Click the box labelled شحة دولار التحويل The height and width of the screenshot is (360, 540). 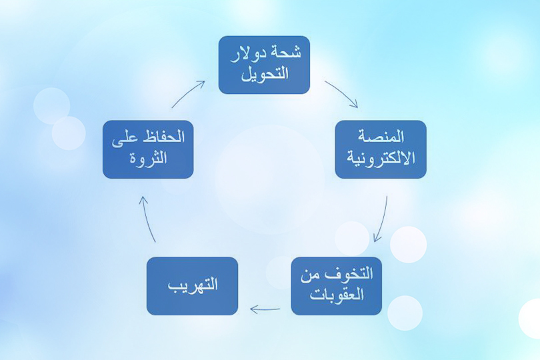264,65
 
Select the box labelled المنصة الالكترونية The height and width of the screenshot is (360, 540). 380,149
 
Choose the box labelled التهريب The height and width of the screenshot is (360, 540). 192,286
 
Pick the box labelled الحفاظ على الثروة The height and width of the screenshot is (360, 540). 148,149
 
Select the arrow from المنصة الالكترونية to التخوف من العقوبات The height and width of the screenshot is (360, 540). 381,219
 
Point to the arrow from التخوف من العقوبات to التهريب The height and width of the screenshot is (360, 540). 265,309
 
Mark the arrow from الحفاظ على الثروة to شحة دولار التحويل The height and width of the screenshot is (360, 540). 188,93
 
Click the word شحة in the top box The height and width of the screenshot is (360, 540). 288,53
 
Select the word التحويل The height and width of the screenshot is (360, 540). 264,73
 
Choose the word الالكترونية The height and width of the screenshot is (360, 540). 381,158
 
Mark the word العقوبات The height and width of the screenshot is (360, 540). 337,294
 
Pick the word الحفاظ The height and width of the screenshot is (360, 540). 163,138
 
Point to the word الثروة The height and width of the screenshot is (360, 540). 148,159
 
